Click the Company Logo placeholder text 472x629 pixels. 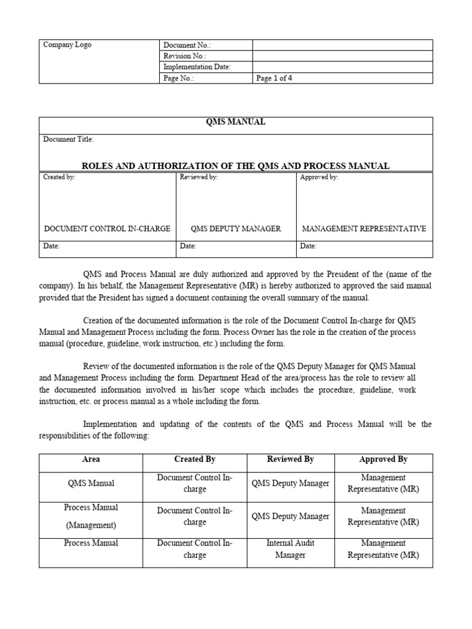(x=67, y=45)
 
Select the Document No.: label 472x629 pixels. (x=187, y=45)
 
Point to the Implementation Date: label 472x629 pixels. (x=197, y=67)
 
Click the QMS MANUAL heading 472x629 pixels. (x=236, y=122)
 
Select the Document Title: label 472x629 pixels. (x=68, y=139)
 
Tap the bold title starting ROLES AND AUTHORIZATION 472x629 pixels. (x=236, y=166)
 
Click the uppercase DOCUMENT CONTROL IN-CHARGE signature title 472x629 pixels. (x=107, y=229)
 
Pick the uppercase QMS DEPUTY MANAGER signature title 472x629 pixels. (x=236, y=229)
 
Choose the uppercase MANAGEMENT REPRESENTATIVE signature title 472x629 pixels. (x=364, y=229)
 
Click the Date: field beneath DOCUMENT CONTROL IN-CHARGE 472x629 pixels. (x=52, y=246)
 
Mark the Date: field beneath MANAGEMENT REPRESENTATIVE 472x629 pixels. (x=308, y=246)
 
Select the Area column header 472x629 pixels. (x=91, y=459)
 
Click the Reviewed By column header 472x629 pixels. (x=290, y=459)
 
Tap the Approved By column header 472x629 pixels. (x=383, y=459)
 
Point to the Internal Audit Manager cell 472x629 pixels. (x=290, y=549)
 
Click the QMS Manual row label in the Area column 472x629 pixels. (x=91, y=483)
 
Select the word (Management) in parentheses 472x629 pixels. (x=91, y=525)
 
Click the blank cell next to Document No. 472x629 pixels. (x=342, y=45)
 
